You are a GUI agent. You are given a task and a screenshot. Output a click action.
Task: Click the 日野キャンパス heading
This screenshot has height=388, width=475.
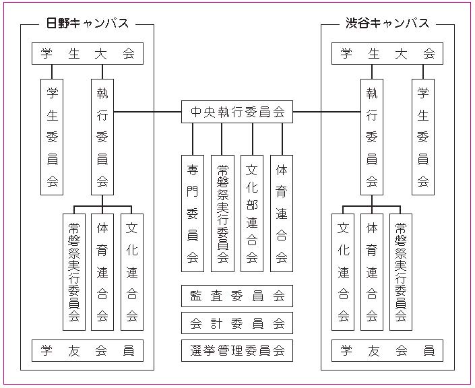tap(88, 24)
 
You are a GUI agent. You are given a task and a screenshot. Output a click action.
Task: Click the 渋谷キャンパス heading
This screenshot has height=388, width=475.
tap(387, 24)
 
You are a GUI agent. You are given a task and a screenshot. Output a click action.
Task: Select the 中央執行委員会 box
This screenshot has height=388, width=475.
tap(237, 112)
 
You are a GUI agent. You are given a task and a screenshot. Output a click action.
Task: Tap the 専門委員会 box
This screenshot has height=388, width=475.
tap(193, 214)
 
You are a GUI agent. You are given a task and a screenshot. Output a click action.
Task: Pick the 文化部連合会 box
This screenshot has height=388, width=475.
tap(252, 214)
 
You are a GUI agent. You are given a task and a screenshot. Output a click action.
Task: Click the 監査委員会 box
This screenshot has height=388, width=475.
tap(237, 296)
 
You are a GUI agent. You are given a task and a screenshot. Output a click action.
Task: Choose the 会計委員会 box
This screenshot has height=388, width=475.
tap(237, 323)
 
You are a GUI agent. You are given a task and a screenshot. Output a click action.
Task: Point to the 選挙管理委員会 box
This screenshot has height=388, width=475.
tap(237, 350)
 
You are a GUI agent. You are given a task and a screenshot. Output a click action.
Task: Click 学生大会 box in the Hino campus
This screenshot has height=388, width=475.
tap(88, 54)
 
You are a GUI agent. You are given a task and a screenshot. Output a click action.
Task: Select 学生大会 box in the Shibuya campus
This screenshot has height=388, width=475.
tap(387, 54)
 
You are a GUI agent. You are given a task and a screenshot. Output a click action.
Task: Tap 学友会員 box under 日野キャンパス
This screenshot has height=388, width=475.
tap(88, 350)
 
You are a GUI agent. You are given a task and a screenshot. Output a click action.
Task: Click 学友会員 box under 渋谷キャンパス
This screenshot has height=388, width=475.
tap(387, 350)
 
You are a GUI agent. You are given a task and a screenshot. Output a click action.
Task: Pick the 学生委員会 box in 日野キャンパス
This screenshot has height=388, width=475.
tap(52, 137)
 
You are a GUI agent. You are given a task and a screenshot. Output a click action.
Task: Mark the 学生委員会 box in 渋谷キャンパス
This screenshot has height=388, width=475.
tap(423, 137)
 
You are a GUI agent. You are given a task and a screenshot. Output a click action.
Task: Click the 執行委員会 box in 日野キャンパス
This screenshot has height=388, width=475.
tap(102, 137)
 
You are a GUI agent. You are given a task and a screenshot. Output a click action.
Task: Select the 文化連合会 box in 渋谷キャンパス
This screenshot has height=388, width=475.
tap(343, 272)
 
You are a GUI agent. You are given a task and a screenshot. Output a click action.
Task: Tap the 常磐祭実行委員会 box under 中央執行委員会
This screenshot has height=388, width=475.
tap(222, 214)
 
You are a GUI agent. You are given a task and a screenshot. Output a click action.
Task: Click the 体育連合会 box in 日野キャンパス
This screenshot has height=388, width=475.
tap(102, 272)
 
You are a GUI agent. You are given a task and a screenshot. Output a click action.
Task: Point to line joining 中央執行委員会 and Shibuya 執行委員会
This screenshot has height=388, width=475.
tap(327, 112)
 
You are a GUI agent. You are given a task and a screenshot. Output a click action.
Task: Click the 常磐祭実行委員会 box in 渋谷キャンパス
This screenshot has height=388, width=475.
tap(401, 272)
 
